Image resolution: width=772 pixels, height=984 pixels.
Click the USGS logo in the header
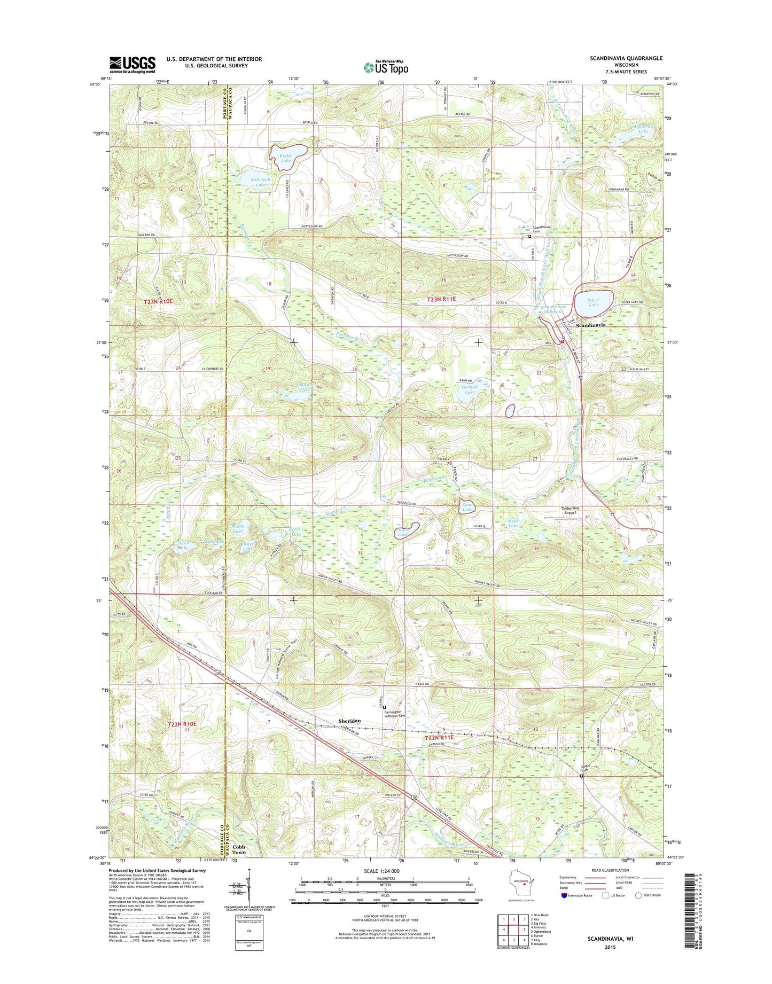pos(132,65)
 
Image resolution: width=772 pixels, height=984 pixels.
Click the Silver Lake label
pos(593,303)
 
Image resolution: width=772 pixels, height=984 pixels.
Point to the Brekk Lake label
pos(285,158)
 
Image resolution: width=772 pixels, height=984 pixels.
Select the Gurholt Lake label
pos(469,389)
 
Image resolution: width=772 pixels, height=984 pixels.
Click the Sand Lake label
pos(467,507)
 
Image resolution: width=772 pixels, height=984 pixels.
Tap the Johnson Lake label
pos(304,387)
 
